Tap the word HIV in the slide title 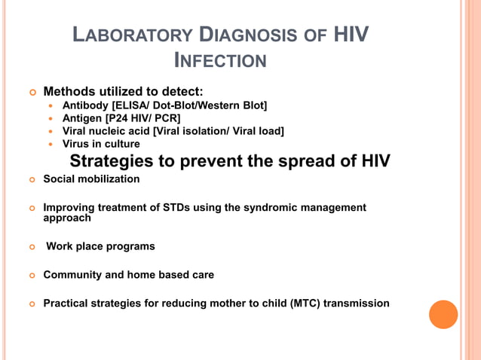point(351,35)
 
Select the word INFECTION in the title point(220,59)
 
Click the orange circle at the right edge point(443,314)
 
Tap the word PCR point(165,118)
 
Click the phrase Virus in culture point(100,144)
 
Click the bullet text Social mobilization point(91,179)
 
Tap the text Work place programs point(100,246)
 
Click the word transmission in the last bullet point(358,304)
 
